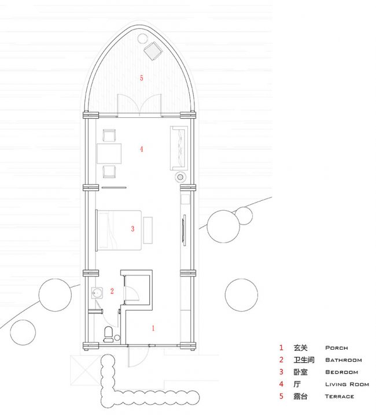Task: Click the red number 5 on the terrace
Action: [141, 78]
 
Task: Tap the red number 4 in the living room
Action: [141, 149]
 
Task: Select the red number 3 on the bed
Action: [132, 229]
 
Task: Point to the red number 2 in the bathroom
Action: [112, 291]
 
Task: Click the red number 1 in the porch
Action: [153, 328]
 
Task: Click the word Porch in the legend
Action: [337, 348]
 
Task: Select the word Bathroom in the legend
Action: [344, 360]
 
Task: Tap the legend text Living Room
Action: [347, 384]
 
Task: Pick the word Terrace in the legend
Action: [340, 397]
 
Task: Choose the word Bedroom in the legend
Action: [341, 372]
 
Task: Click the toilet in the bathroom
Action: [108, 334]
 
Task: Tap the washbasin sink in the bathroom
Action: [97, 293]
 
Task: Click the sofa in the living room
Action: [179, 148]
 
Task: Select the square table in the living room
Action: [109, 154]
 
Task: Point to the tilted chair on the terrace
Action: [153, 51]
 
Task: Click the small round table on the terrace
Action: [142, 39]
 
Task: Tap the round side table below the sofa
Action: [180, 177]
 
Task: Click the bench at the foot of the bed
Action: [148, 230]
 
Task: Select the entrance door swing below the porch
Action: [138, 357]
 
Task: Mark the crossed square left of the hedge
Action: [86, 370]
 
